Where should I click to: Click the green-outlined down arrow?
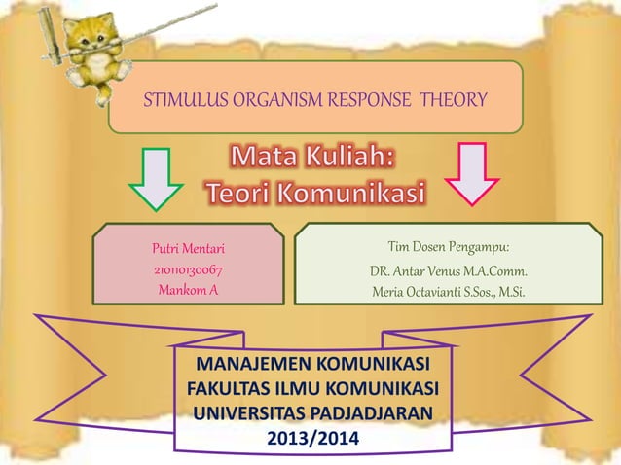coord(156,178)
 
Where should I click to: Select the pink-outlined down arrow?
coord(473,174)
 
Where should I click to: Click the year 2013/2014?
coord(312,439)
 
